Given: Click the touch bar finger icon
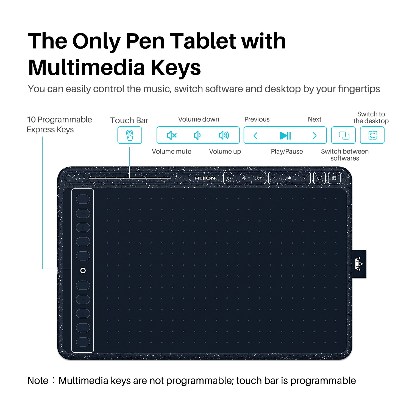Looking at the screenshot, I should click(130, 135).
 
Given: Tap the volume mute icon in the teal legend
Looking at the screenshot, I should click(172, 135).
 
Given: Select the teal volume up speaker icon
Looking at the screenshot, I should click(224, 135).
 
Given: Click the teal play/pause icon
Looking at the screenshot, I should click(285, 135).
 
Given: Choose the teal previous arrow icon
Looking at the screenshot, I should click(255, 136).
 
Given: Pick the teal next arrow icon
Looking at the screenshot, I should click(315, 136).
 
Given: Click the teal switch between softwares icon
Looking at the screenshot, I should click(344, 135).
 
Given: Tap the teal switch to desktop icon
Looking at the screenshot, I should click(372, 135).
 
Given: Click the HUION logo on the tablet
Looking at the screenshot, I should click(205, 178).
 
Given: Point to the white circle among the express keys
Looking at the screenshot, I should click(83, 271).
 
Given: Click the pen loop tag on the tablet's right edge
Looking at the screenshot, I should click(359, 264).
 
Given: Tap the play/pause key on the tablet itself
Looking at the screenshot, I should click(289, 178).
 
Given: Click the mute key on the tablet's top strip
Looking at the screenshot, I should click(229, 178).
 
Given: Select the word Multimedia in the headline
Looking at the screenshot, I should click(87, 68).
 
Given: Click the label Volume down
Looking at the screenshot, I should click(199, 119).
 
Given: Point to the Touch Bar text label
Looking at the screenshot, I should click(129, 120).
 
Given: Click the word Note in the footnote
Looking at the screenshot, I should click(38, 381).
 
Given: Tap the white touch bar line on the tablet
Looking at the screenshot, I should click(130, 178).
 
